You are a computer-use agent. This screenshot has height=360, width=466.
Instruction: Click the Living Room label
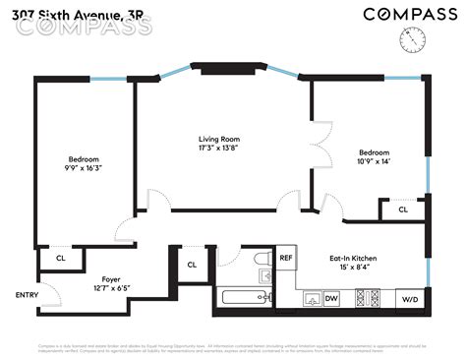pos(218,139)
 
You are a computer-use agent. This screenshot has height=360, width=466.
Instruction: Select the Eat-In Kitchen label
pos(353,258)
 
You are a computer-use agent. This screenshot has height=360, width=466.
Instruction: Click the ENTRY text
pos(28,295)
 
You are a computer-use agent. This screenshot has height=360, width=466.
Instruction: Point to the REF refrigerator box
pos(286,258)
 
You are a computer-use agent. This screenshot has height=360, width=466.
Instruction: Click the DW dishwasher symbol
pos(331,298)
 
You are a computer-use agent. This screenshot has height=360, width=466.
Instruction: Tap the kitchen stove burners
pos(367,297)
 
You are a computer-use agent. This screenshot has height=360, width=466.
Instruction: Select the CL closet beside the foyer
pos(61,258)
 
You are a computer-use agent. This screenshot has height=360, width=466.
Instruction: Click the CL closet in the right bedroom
pos(403,210)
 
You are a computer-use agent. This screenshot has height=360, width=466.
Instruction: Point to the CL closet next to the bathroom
pos(192,264)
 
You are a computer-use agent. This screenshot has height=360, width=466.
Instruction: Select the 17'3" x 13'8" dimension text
pos(218,149)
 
